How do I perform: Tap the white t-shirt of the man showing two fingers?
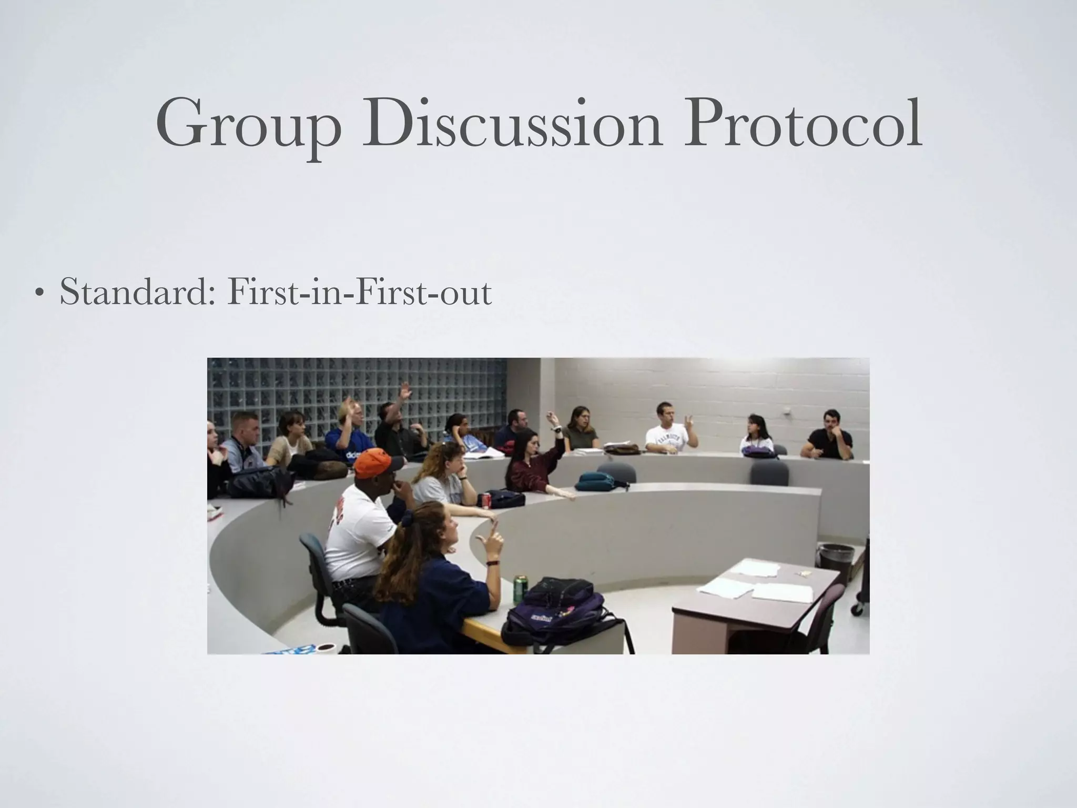pos(667,440)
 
